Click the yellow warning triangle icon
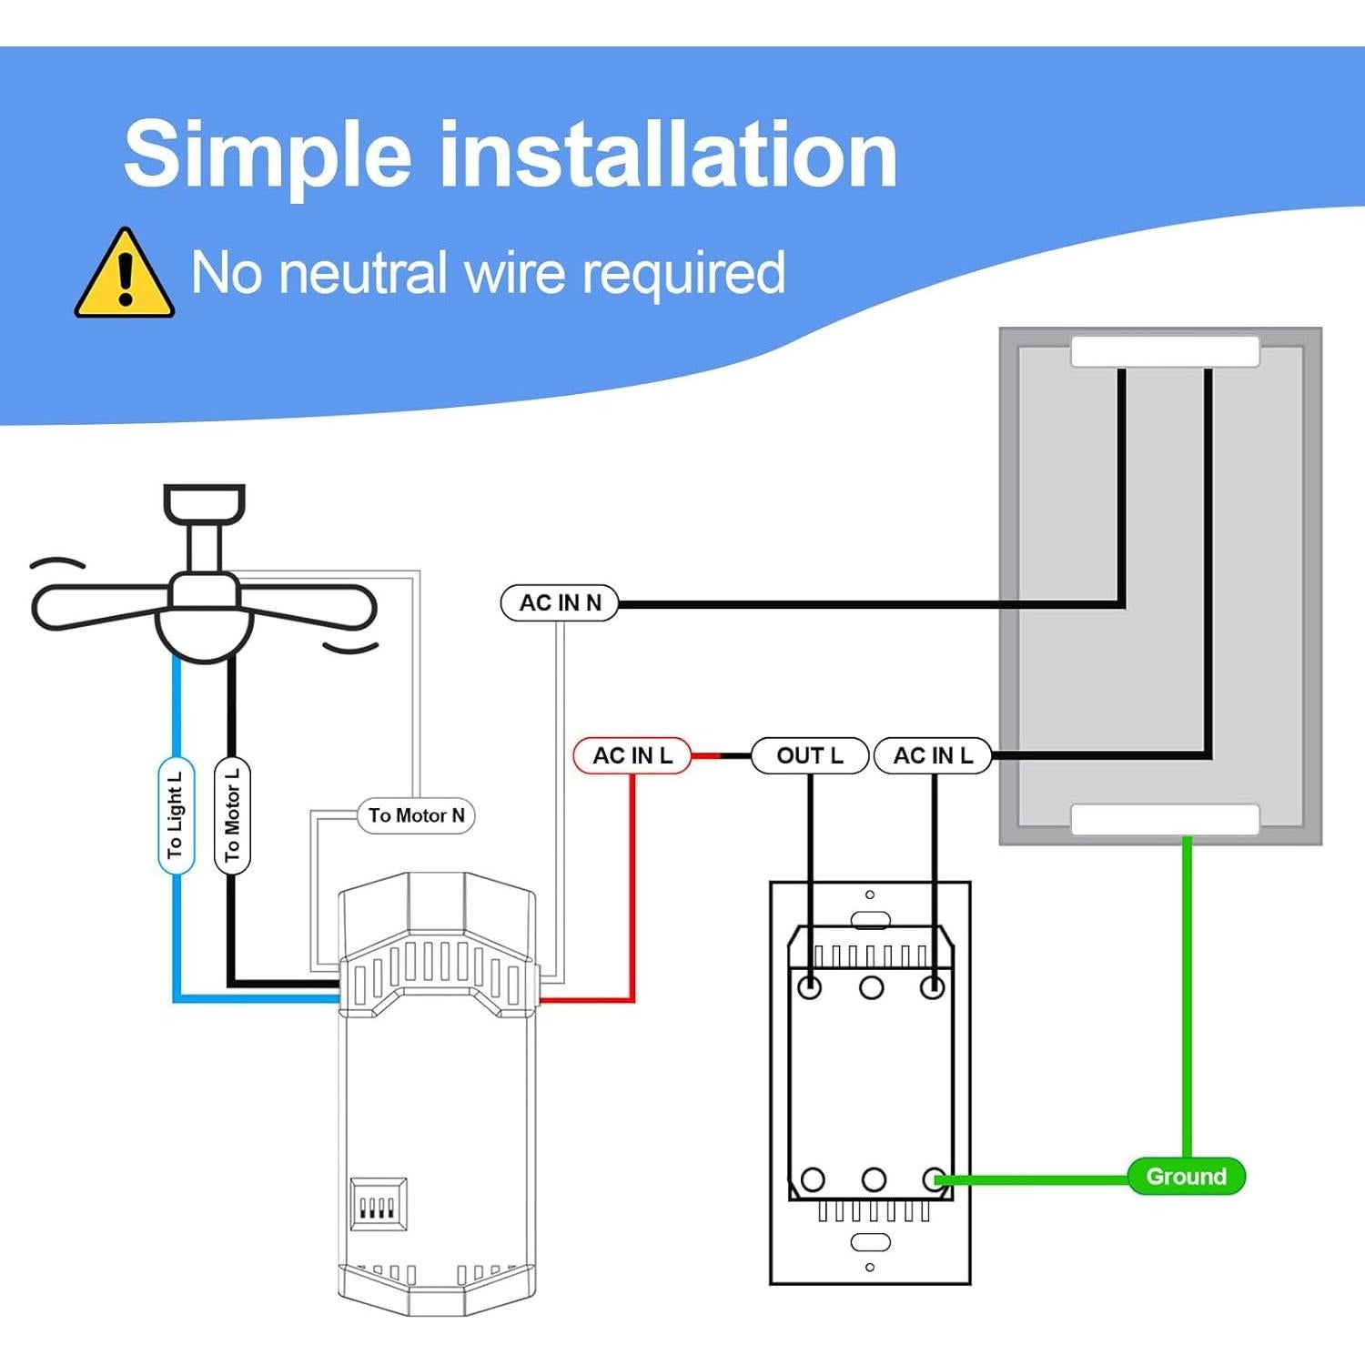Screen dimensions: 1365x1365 (124, 276)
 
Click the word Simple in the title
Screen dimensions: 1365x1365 (268, 155)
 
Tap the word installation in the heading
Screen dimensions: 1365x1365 (669, 155)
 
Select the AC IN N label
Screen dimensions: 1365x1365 (560, 602)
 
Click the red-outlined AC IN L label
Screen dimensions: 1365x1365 (632, 755)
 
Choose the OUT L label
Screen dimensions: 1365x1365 (809, 755)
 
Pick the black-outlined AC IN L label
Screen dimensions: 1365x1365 (933, 755)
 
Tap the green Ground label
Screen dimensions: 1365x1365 (1186, 1176)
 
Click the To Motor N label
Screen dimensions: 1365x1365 (416, 815)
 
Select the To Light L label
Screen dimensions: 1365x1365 (176, 815)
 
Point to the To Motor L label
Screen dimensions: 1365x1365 (232, 815)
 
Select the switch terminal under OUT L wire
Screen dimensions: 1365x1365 (809, 986)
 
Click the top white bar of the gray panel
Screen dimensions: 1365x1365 (1165, 352)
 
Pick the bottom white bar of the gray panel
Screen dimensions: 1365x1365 (1165, 819)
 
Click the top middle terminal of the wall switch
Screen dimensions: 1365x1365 (871, 986)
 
